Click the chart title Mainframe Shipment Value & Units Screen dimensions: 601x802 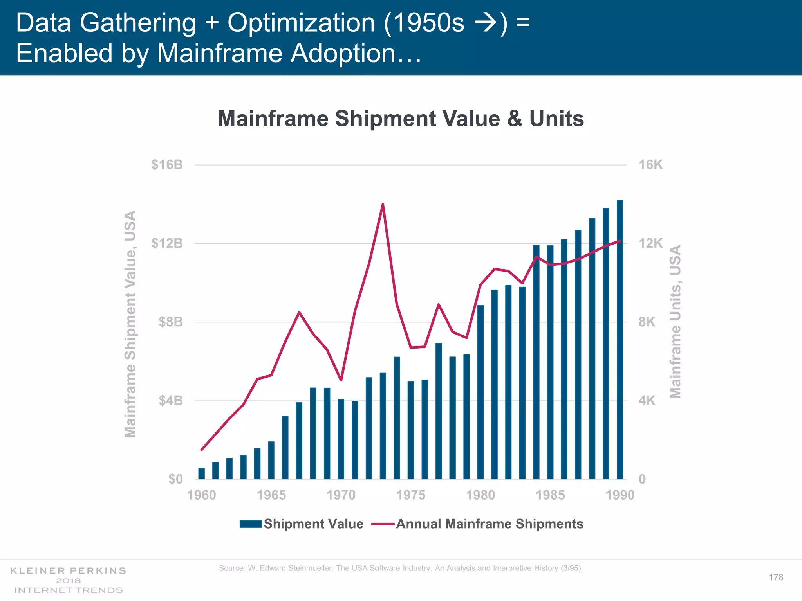tap(401, 119)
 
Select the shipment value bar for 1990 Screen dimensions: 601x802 tap(620, 340)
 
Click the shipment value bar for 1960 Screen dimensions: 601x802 tap(202, 473)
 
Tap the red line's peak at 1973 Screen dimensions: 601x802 tap(383, 205)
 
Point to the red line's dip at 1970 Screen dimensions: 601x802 tap(341, 380)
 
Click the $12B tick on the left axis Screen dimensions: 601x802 tap(167, 244)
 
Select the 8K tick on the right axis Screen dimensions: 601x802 tap(647, 322)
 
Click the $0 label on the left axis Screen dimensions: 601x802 tap(175, 479)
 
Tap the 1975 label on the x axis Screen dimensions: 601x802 tap(411, 495)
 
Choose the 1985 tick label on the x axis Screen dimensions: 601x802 tap(550, 495)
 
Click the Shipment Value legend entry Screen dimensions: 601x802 tap(302, 524)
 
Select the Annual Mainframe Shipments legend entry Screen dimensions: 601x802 tap(478, 524)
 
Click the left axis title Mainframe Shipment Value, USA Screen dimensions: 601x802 tap(130, 324)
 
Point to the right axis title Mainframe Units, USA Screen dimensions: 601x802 tap(676, 322)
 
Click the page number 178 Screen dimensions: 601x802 tap(776, 578)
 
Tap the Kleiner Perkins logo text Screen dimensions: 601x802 tap(68, 570)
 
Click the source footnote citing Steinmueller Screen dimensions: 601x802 tap(401, 568)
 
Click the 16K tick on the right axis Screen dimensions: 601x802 tap(650, 165)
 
